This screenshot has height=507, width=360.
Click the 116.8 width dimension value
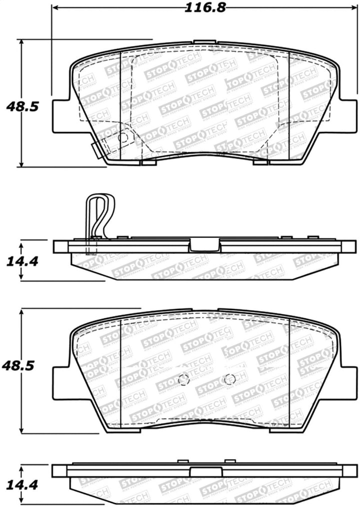pos(199,7)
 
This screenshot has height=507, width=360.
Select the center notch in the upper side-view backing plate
pos(204,244)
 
